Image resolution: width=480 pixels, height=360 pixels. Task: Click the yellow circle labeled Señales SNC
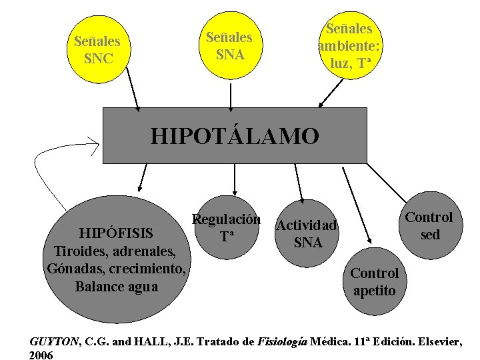[102, 50]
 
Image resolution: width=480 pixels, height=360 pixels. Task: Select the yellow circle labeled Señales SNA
[229, 45]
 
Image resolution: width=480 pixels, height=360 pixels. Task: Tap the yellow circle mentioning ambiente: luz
[349, 45]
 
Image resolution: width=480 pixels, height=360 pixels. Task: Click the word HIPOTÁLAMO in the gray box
[235, 136]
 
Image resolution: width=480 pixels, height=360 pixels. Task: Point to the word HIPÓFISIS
[116, 233]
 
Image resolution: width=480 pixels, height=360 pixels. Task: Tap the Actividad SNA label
[307, 233]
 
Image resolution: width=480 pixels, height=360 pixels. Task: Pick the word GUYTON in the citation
[53, 342]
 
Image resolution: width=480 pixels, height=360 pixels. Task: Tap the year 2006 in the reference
[41, 355]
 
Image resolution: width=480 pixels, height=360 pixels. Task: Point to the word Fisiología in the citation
[283, 342]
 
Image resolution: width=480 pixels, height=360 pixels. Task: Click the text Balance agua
[117, 287]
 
